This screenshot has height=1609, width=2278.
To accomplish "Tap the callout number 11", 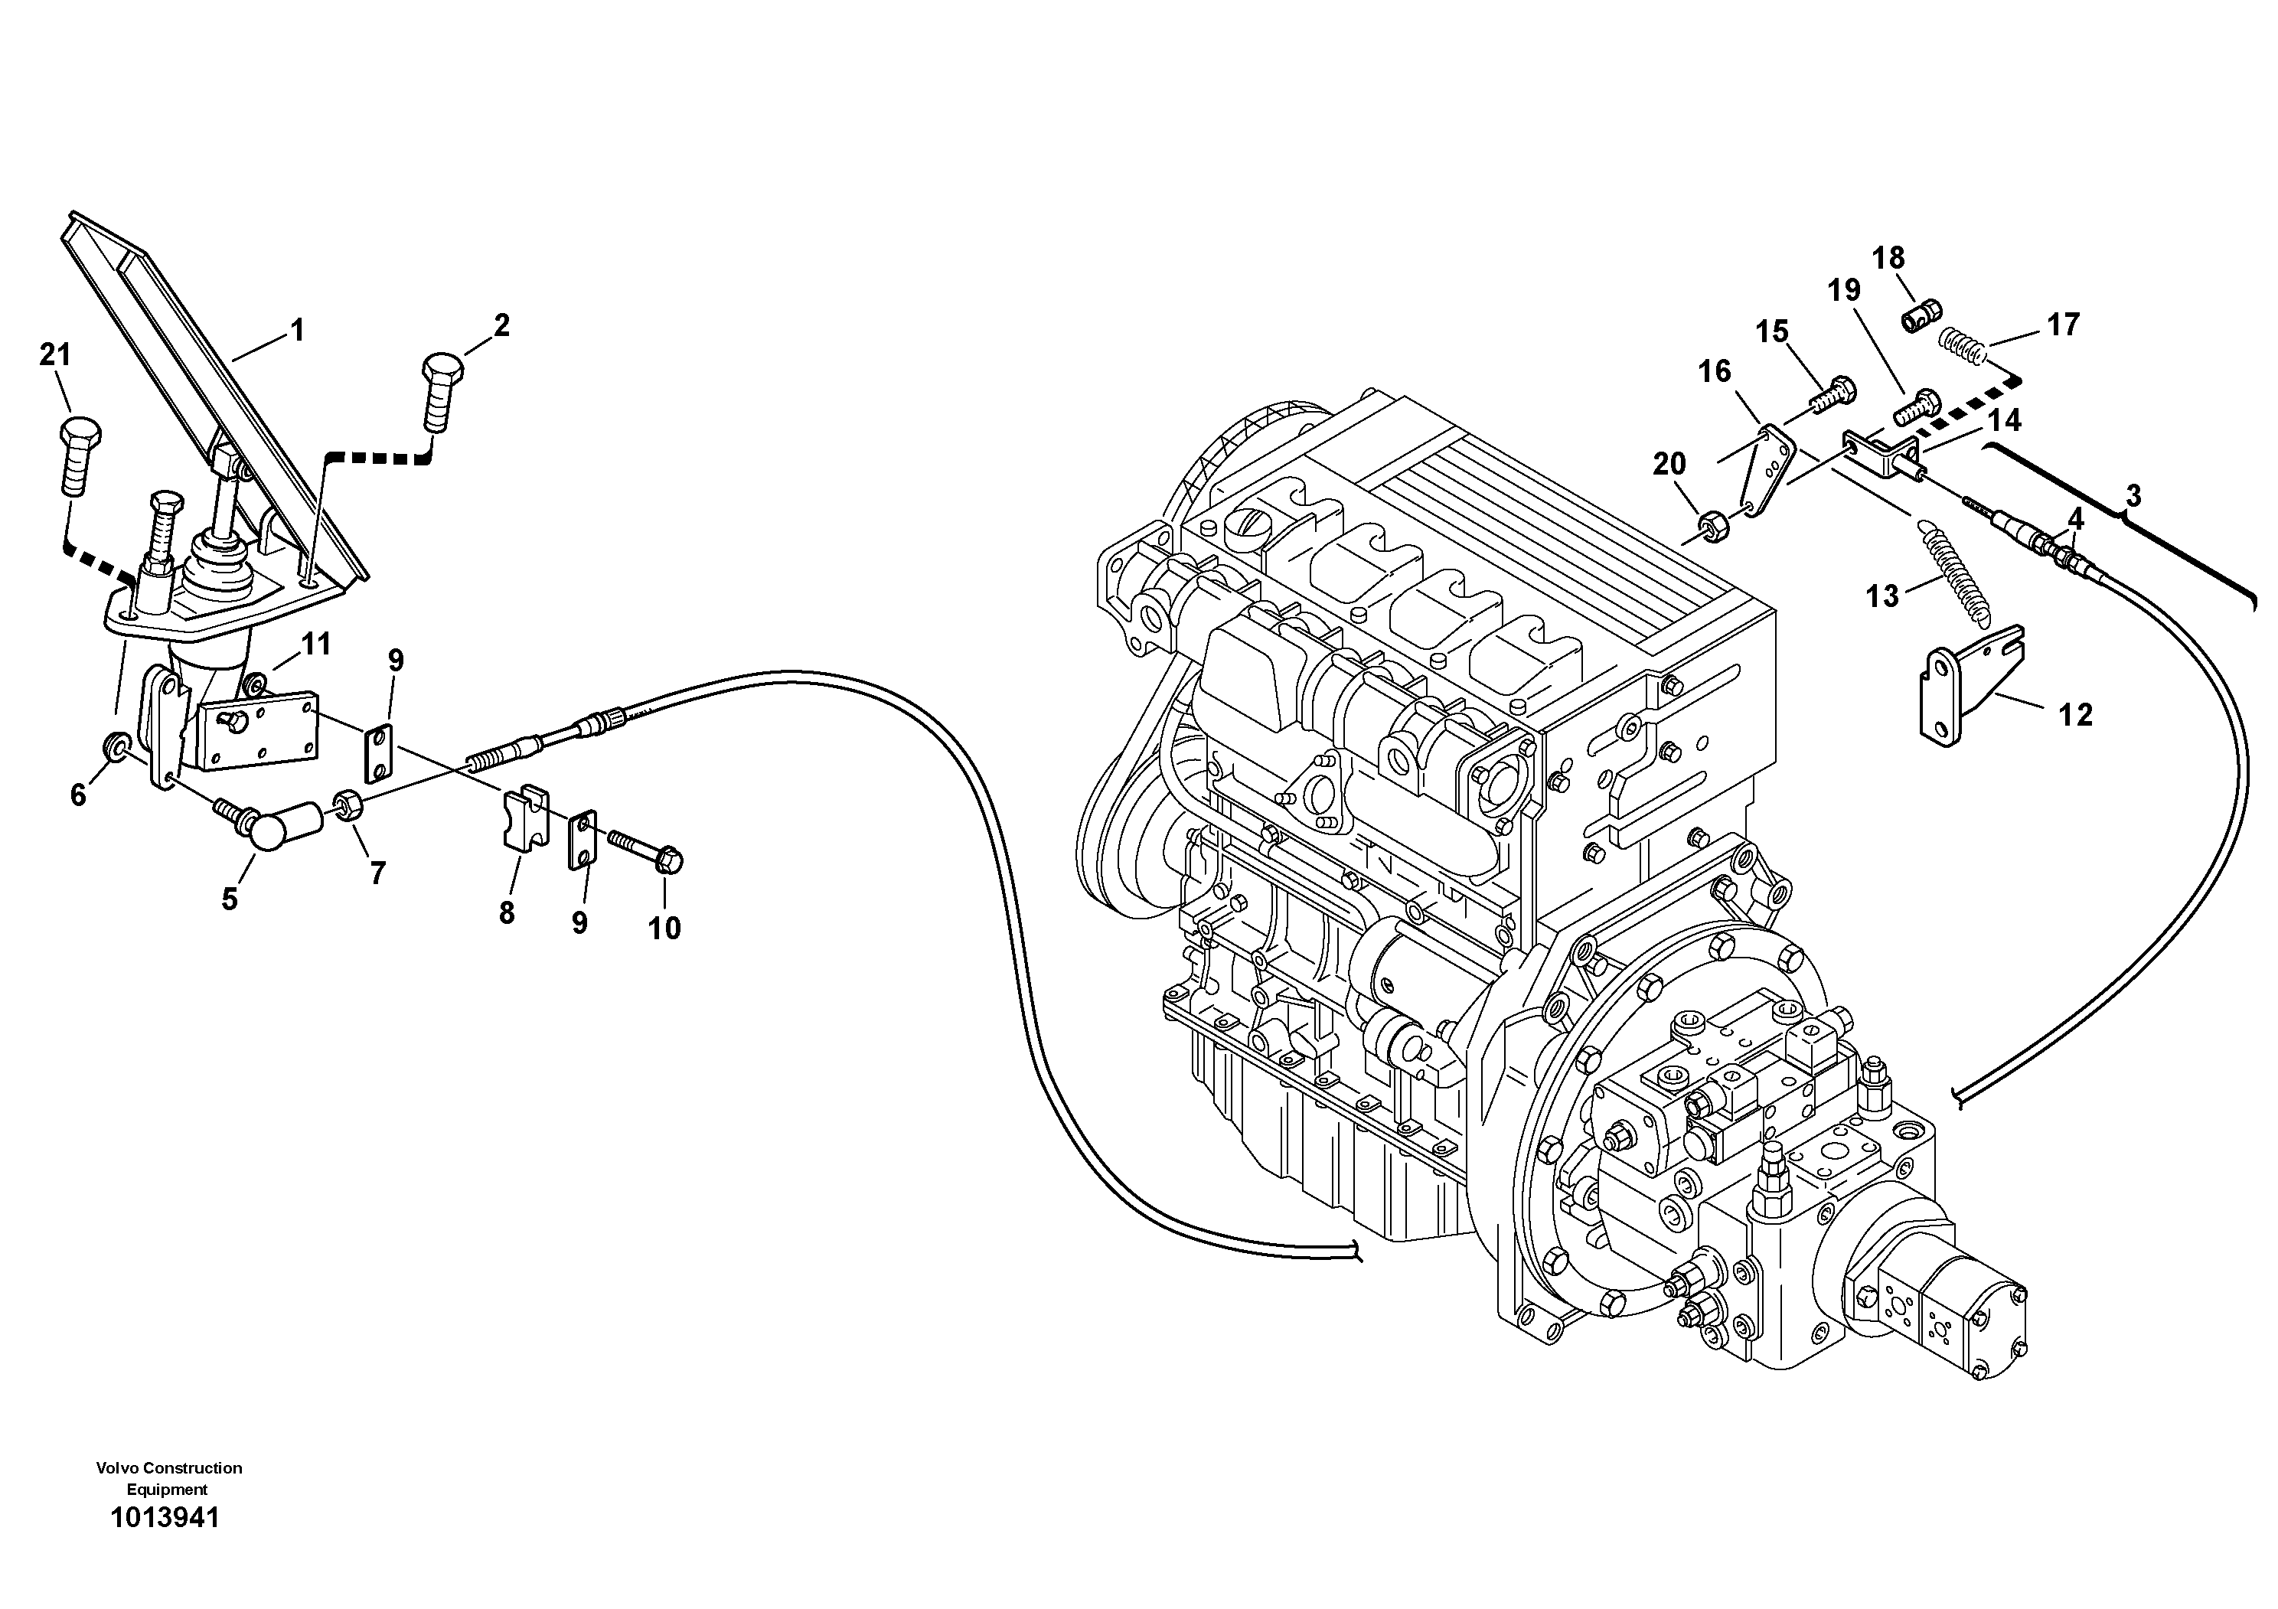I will [316, 645].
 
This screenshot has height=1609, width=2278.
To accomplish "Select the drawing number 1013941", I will [165, 1518].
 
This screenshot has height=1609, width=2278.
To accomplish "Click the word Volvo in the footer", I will [117, 1468].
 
